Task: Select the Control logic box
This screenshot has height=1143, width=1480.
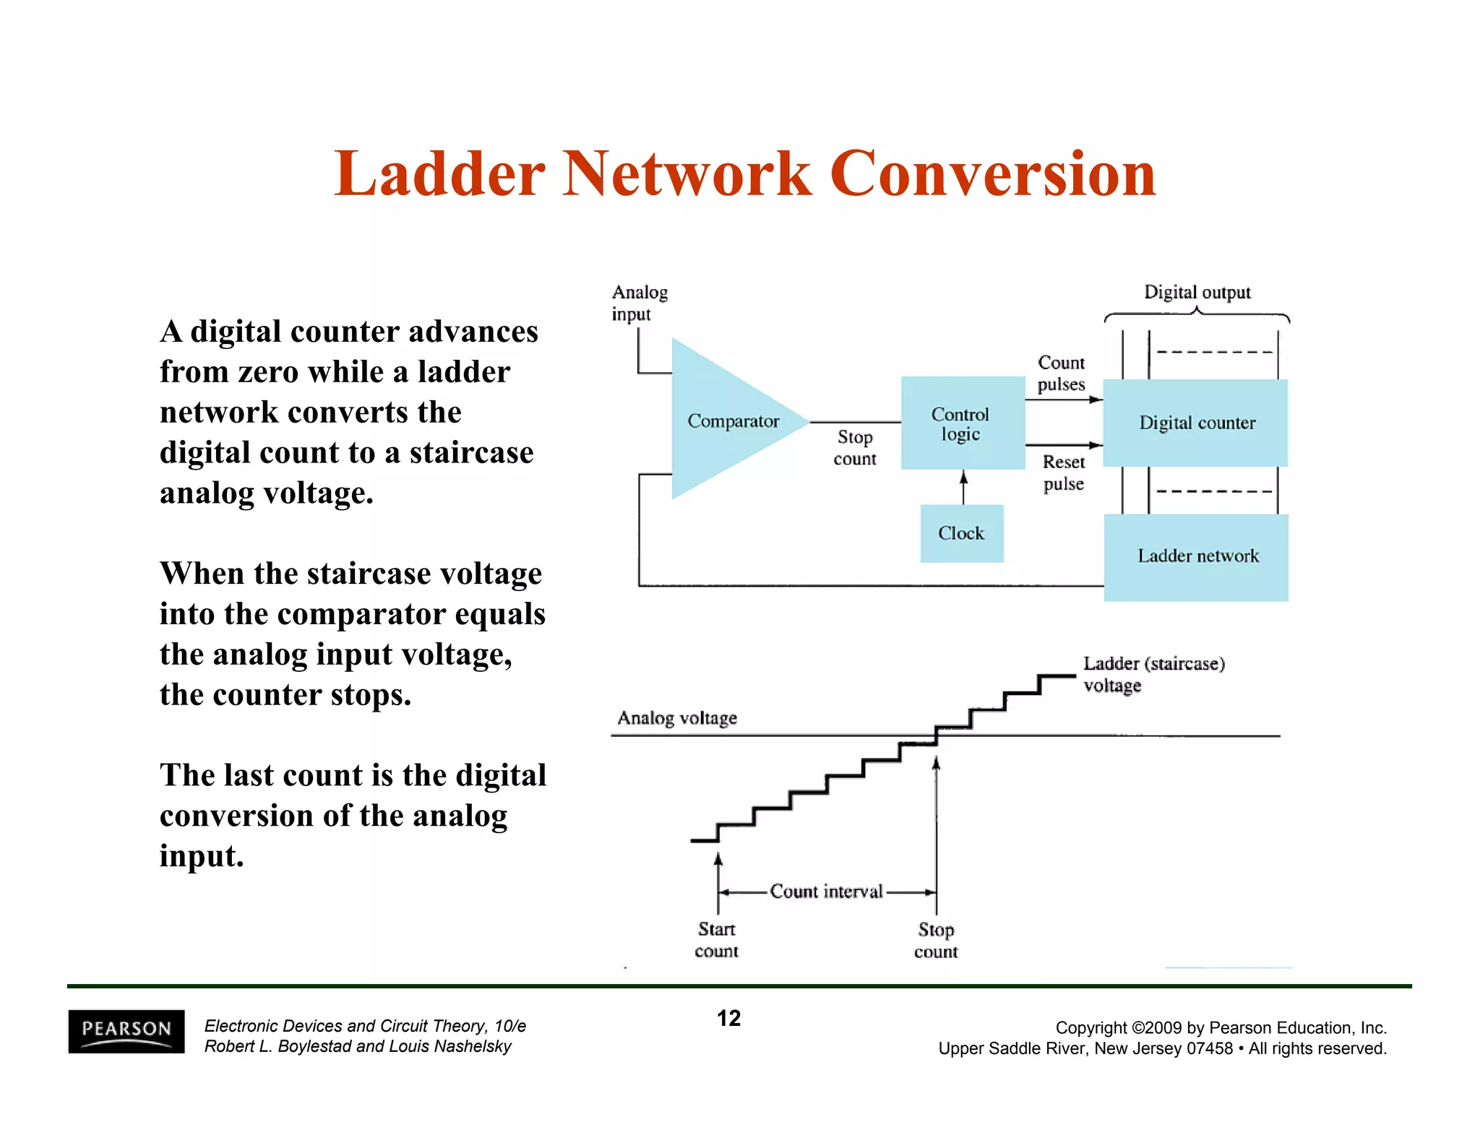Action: point(962,423)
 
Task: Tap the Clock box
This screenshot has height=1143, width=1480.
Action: point(961,533)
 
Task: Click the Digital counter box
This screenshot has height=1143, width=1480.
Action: point(1196,423)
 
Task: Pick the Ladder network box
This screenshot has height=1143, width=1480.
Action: point(1197,556)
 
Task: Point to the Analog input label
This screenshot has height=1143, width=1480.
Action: point(639,303)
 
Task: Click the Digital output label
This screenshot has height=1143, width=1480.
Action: point(1197,292)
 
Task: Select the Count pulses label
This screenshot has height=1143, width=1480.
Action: point(1061,373)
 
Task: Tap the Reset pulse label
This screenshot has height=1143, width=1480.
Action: point(1063,473)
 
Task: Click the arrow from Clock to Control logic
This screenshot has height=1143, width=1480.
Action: point(963,487)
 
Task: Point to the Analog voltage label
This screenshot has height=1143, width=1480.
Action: point(677,717)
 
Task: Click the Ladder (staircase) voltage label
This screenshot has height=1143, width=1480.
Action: point(1153,673)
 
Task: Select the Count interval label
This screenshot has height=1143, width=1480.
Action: point(826,892)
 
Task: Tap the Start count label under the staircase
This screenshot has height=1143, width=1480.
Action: point(716,939)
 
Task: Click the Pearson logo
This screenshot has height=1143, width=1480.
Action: point(126,1031)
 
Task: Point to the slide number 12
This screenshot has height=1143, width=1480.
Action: point(728,1018)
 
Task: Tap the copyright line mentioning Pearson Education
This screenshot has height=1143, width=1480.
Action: point(1221,1027)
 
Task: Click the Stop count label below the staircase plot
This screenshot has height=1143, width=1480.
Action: point(936,940)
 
